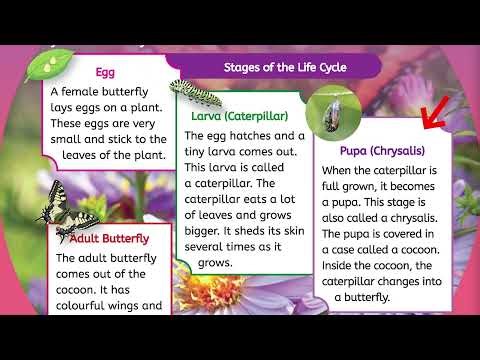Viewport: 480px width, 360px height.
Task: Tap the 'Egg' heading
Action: pos(105,72)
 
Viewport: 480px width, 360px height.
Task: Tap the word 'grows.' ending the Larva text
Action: pos(214,262)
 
